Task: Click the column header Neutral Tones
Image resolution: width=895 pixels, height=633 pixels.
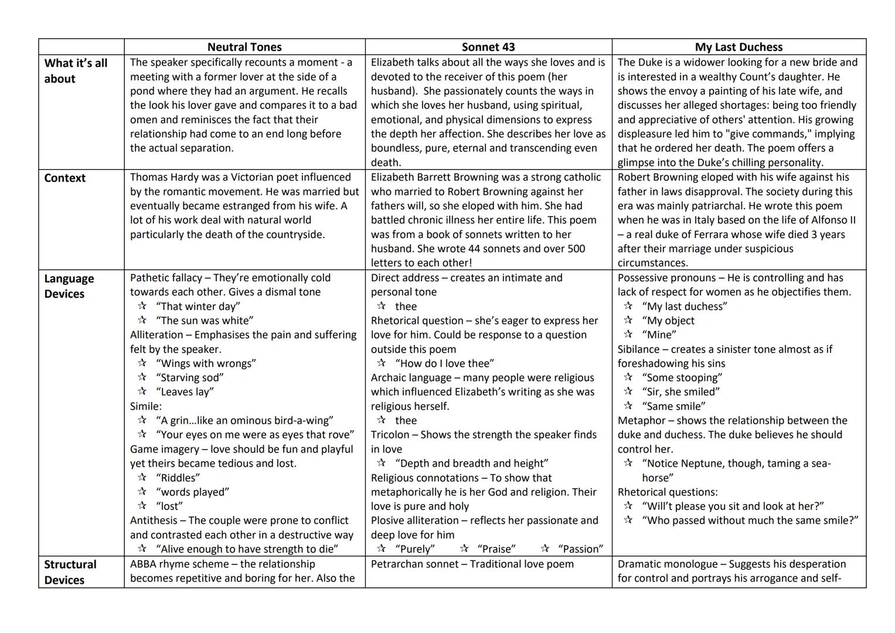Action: [244, 47]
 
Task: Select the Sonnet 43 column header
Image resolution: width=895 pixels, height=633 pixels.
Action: [488, 47]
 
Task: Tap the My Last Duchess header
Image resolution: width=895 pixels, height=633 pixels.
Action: [739, 47]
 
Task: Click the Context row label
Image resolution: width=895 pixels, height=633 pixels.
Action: [64, 178]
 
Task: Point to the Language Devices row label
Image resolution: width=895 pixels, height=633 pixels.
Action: [69, 286]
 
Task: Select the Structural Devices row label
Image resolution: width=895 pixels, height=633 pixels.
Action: [70, 572]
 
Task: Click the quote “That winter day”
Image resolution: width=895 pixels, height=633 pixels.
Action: [198, 307]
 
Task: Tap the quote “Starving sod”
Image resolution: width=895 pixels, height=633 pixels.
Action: [189, 378]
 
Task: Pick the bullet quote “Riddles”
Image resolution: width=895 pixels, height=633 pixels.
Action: [178, 478]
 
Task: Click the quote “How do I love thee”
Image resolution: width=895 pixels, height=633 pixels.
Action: [444, 363]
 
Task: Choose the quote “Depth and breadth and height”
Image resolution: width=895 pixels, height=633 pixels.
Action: [471, 464]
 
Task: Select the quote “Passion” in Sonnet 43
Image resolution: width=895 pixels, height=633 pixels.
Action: [580, 549]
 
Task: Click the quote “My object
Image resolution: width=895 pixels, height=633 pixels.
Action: [668, 321]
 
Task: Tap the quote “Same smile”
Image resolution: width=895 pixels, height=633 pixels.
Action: [673, 406]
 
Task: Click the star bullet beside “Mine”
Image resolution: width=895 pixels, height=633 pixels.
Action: [628, 335]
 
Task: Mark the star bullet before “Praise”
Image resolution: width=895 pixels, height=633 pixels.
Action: [464, 549]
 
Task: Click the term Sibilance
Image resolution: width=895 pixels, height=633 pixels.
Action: [638, 349]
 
